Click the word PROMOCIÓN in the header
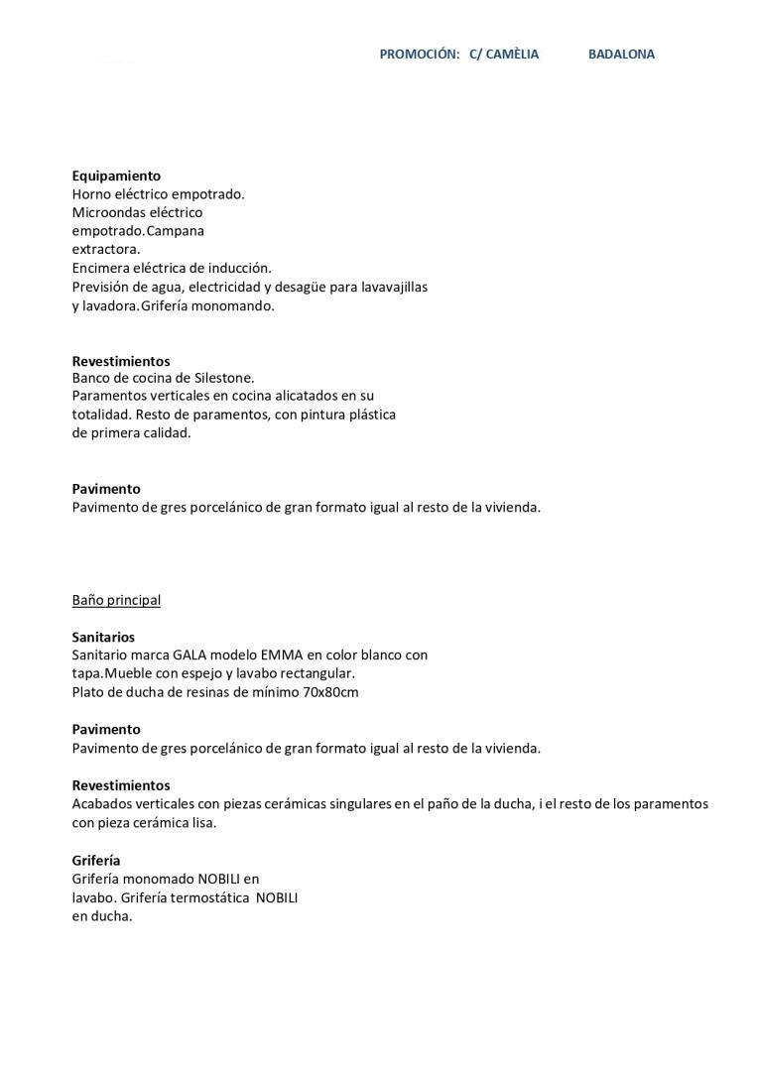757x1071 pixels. point(419,55)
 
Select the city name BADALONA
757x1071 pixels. point(621,55)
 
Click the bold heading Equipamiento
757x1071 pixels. point(116,176)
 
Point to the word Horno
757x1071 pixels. point(91,194)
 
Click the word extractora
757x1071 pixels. point(106,249)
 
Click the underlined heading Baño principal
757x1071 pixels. point(116,600)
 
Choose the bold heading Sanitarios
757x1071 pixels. point(103,637)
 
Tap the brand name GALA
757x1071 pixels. point(190,655)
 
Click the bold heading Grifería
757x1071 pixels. point(96,861)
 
